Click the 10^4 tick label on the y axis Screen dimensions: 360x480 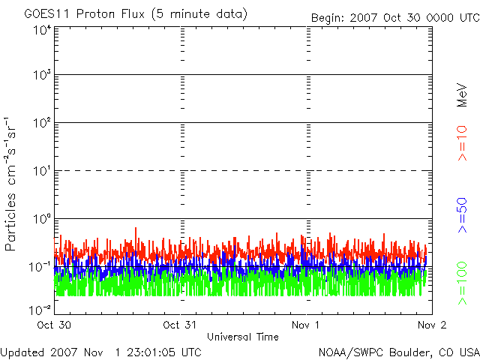point(42,30)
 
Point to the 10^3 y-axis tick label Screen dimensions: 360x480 point(42,76)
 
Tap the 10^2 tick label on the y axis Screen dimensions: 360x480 point(42,123)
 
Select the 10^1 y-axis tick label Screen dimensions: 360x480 point(42,171)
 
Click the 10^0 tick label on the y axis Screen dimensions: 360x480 point(42,219)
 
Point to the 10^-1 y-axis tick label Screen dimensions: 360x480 point(40,266)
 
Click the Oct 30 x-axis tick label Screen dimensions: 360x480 point(54,325)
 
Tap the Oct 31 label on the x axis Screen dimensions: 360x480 point(180,325)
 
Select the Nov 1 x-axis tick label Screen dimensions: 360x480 point(307,325)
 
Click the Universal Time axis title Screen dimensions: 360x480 point(242,337)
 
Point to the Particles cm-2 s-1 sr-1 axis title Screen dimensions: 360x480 point(13,184)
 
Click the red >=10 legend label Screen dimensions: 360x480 point(462,143)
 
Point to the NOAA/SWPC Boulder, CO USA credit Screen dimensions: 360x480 point(398,352)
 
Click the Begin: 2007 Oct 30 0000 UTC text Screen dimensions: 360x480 point(395,17)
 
